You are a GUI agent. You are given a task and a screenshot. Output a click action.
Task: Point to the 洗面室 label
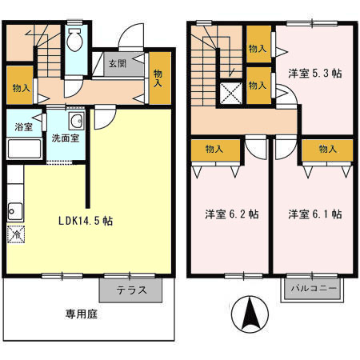pyautogui.click(x=65, y=138)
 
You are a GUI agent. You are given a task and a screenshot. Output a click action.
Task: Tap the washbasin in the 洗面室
pyautogui.click(x=78, y=122)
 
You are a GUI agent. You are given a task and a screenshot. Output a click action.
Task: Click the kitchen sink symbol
pyautogui.click(x=14, y=211)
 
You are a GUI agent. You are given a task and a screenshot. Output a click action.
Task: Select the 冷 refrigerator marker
pyautogui.click(x=15, y=235)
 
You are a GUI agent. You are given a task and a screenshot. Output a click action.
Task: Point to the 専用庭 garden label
pyautogui.click(x=81, y=314)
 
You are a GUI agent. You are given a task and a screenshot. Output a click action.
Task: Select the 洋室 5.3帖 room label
pyautogui.click(x=314, y=73)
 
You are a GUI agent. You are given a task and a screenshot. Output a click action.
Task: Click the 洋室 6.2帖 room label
pyautogui.click(x=230, y=214)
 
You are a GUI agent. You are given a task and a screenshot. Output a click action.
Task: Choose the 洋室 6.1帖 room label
pyautogui.click(x=315, y=214)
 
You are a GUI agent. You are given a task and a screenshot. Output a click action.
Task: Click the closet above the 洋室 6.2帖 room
pyautogui.click(x=214, y=149)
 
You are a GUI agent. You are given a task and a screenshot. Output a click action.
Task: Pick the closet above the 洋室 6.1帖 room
pyautogui.click(x=326, y=149)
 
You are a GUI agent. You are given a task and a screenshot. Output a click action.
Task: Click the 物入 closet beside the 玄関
pyautogui.click(x=159, y=78)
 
